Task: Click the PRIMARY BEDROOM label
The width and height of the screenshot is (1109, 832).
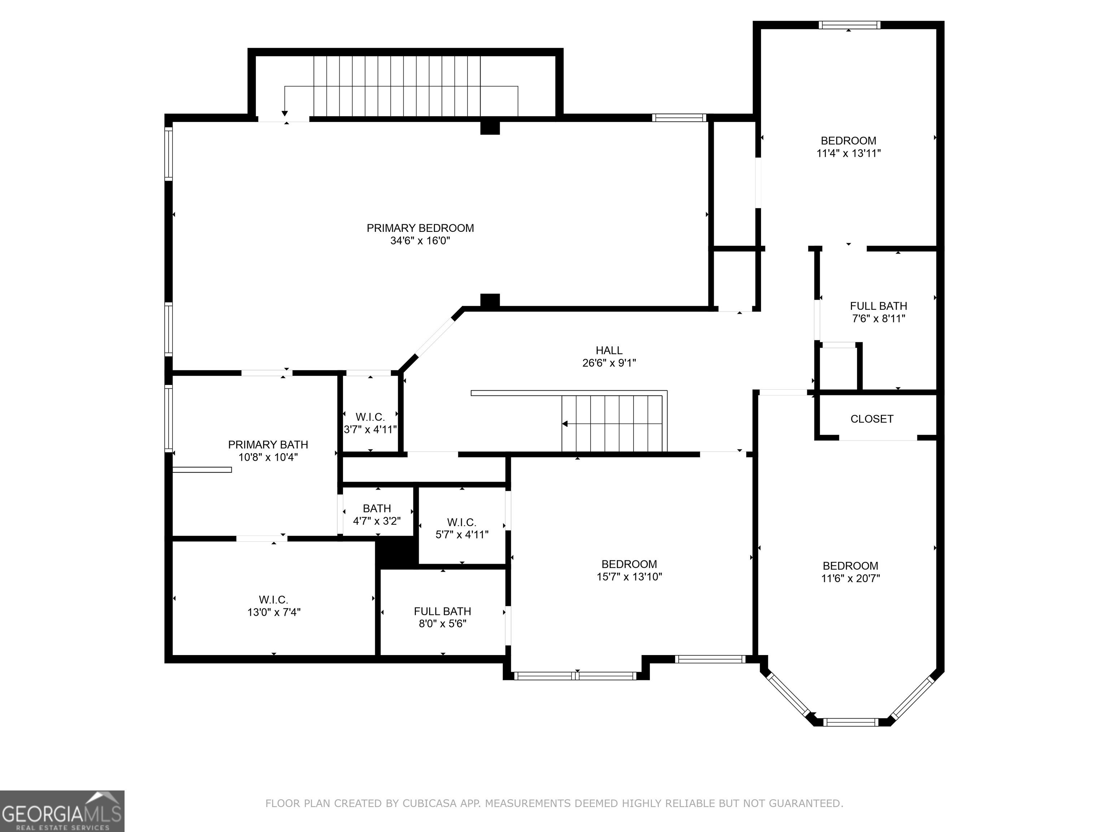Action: pos(420,228)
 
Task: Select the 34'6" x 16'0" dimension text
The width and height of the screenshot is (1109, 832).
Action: pos(420,241)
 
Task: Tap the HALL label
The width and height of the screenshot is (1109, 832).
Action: pos(609,351)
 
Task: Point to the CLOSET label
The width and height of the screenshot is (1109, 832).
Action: pos(872,419)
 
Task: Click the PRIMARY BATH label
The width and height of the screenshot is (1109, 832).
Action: pos(268,445)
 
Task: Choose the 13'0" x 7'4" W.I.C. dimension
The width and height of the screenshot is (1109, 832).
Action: pos(274,612)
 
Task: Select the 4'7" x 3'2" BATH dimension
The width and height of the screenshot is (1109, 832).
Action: pos(377,521)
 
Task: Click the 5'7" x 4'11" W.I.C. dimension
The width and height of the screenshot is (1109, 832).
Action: pos(462,534)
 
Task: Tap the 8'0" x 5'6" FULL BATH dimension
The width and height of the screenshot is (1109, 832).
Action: pos(443,624)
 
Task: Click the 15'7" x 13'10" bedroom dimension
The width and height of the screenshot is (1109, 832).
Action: pos(629,577)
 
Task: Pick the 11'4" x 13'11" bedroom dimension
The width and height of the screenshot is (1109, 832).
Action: pos(849,153)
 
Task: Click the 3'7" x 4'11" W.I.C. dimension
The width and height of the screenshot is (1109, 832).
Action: pos(370,430)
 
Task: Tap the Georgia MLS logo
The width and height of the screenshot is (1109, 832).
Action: pos(62,811)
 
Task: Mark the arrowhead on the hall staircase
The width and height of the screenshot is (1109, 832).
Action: pos(565,424)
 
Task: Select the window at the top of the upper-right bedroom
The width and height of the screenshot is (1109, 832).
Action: pos(849,25)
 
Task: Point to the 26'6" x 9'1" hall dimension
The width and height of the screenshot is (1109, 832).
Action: pos(609,363)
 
